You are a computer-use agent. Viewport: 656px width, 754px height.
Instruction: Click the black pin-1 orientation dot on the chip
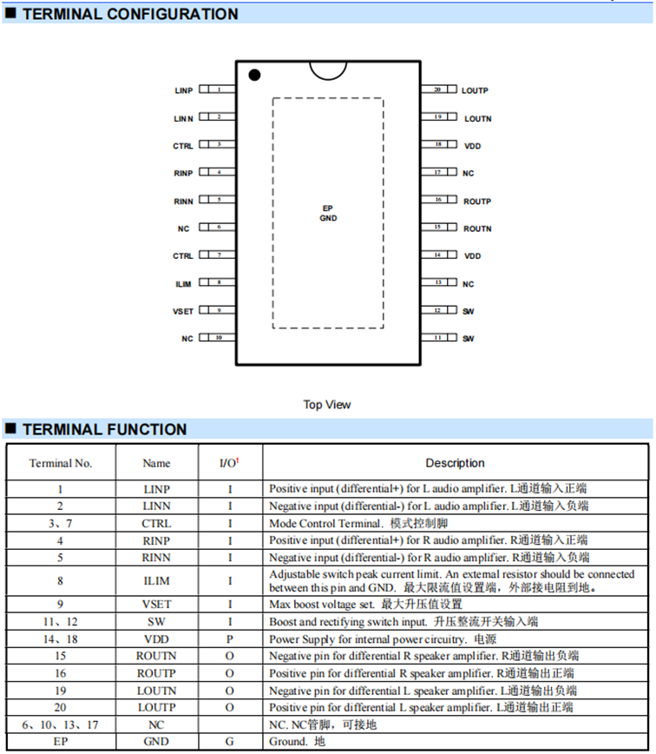(254, 76)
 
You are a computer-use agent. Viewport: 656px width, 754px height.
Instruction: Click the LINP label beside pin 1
(183, 90)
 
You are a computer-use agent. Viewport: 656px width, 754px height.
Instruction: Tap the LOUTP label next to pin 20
(475, 90)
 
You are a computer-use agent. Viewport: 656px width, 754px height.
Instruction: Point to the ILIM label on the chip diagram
(183, 284)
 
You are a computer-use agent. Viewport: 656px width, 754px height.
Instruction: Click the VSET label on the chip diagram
(183, 311)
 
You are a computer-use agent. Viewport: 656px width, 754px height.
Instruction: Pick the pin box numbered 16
(438, 200)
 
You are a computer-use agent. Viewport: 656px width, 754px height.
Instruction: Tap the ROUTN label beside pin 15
(477, 228)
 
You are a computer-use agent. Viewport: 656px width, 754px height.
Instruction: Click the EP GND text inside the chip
(328, 214)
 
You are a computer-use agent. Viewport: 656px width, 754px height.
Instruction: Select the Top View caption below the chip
(327, 405)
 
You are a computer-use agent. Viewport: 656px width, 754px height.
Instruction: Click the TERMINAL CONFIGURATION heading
(129, 14)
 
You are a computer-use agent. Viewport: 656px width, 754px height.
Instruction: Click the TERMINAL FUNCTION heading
(104, 429)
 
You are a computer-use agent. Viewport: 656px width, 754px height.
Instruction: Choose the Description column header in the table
(455, 463)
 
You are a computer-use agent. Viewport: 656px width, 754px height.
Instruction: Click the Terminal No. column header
(61, 463)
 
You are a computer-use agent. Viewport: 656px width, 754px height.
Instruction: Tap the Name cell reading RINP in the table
(157, 540)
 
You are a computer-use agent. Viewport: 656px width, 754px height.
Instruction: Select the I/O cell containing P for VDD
(230, 638)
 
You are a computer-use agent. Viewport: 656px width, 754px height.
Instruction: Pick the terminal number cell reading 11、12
(61, 622)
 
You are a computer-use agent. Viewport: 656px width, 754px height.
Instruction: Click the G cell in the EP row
(230, 742)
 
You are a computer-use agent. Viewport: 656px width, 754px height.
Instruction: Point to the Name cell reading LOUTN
(157, 691)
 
